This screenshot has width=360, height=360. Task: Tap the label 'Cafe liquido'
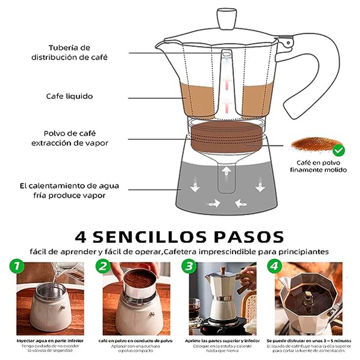click(69, 96)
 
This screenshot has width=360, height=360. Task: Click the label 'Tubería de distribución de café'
click(69, 52)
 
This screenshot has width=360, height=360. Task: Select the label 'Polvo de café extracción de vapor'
click(69, 138)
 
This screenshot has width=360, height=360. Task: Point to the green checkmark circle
click(338, 150)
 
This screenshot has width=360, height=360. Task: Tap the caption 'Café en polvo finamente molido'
click(318, 166)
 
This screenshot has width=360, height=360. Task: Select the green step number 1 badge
click(17, 267)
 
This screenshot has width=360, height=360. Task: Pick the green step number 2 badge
click(103, 267)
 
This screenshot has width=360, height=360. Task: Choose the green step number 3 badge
click(188, 267)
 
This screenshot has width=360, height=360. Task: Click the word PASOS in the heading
click(249, 237)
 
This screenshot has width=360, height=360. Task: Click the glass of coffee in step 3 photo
click(194, 310)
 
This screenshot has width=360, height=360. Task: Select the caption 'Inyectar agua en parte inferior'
click(50, 340)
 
